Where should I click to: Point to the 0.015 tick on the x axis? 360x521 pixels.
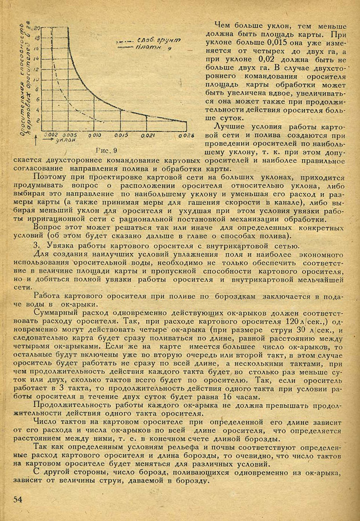coord(120,135)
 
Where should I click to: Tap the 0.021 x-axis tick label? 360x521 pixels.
coord(148,135)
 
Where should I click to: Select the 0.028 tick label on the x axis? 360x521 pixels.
coord(185,136)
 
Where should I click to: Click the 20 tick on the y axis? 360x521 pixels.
coord(37,28)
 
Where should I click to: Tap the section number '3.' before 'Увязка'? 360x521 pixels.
coord(36,245)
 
